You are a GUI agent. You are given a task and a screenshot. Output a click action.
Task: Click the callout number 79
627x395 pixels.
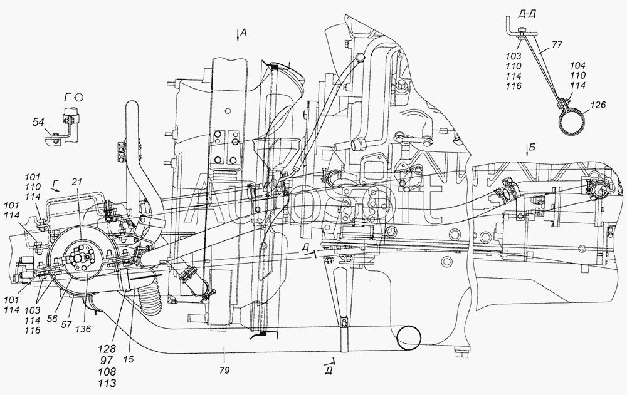pyautogui.click(x=224, y=370)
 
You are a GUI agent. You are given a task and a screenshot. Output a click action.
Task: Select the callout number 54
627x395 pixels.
pyautogui.click(x=38, y=123)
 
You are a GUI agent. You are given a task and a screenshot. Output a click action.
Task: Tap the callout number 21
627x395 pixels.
pyautogui.click(x=77, y=182)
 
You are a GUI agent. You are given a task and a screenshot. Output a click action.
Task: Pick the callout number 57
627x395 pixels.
pyautogui.click(x=67, y=324)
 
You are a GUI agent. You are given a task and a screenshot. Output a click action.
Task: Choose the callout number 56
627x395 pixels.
pyautogui.click(x=52, y=319)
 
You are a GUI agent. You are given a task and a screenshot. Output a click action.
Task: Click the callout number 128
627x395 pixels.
pyautogui.click(x=108, y=348)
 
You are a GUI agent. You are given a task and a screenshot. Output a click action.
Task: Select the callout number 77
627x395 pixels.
pyautogui.click(x=557, y=45)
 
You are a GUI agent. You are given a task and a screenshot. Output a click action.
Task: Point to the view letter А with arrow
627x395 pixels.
pyautogui.click(x=241, y=34)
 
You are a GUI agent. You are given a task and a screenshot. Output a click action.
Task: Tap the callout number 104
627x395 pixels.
pyautogui.click(x=578, y=66)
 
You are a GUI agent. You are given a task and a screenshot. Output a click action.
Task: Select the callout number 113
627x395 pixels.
pyautogui.click(x=108, y=383)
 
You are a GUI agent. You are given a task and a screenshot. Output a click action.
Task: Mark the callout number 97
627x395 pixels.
pyautogui.click(x=108, y=360)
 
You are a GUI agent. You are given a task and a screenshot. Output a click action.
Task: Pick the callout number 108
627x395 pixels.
pyautogui.click(x=108, y=371)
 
